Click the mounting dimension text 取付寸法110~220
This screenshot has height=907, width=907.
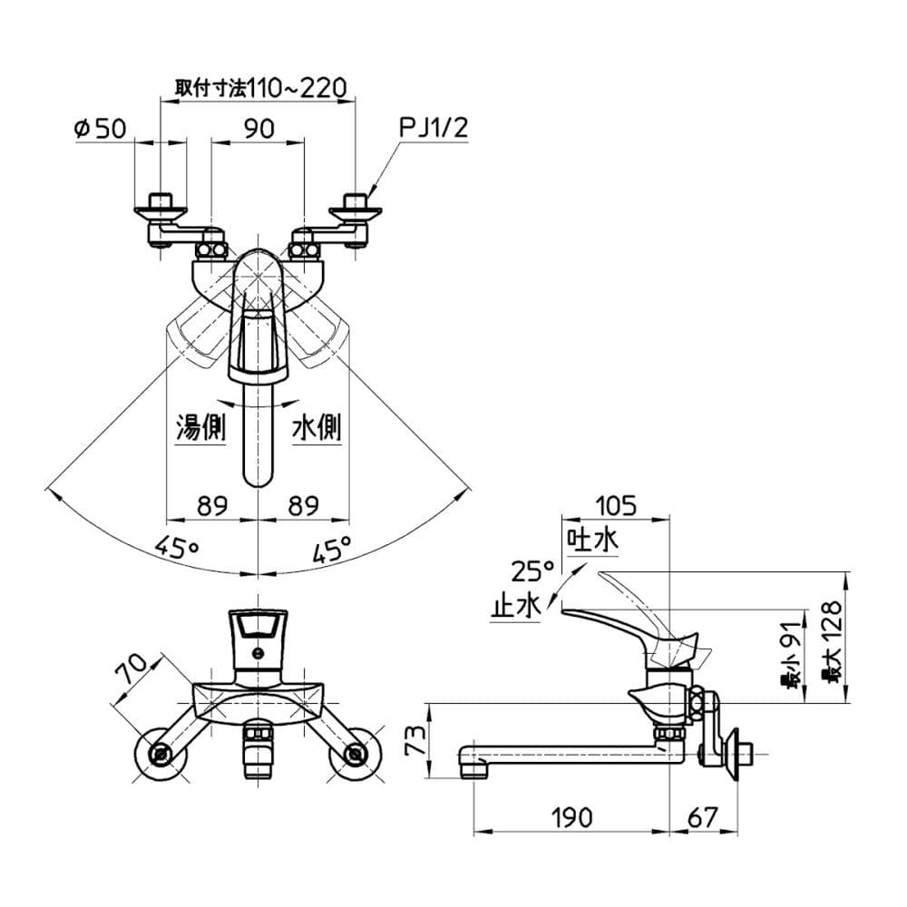(x=261, y=87)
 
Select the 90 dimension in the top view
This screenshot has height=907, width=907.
(x=259, y=130)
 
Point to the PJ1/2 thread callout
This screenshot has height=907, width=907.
(x=434, y=130)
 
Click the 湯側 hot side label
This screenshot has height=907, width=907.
(x=200, y=427)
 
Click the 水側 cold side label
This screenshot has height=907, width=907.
(x=316, y=427)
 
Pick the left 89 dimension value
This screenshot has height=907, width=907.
(x=211, y=506)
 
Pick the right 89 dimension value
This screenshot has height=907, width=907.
(x=304, y=506)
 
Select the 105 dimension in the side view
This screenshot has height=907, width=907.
(x=617, y=504)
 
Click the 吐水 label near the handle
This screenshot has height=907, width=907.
(x=592, y=541)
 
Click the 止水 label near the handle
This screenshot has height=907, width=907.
(x=515, y=605)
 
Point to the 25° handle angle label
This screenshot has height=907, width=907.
(x=531, y=571)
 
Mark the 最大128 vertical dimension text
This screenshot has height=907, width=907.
(x=832, y=639)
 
